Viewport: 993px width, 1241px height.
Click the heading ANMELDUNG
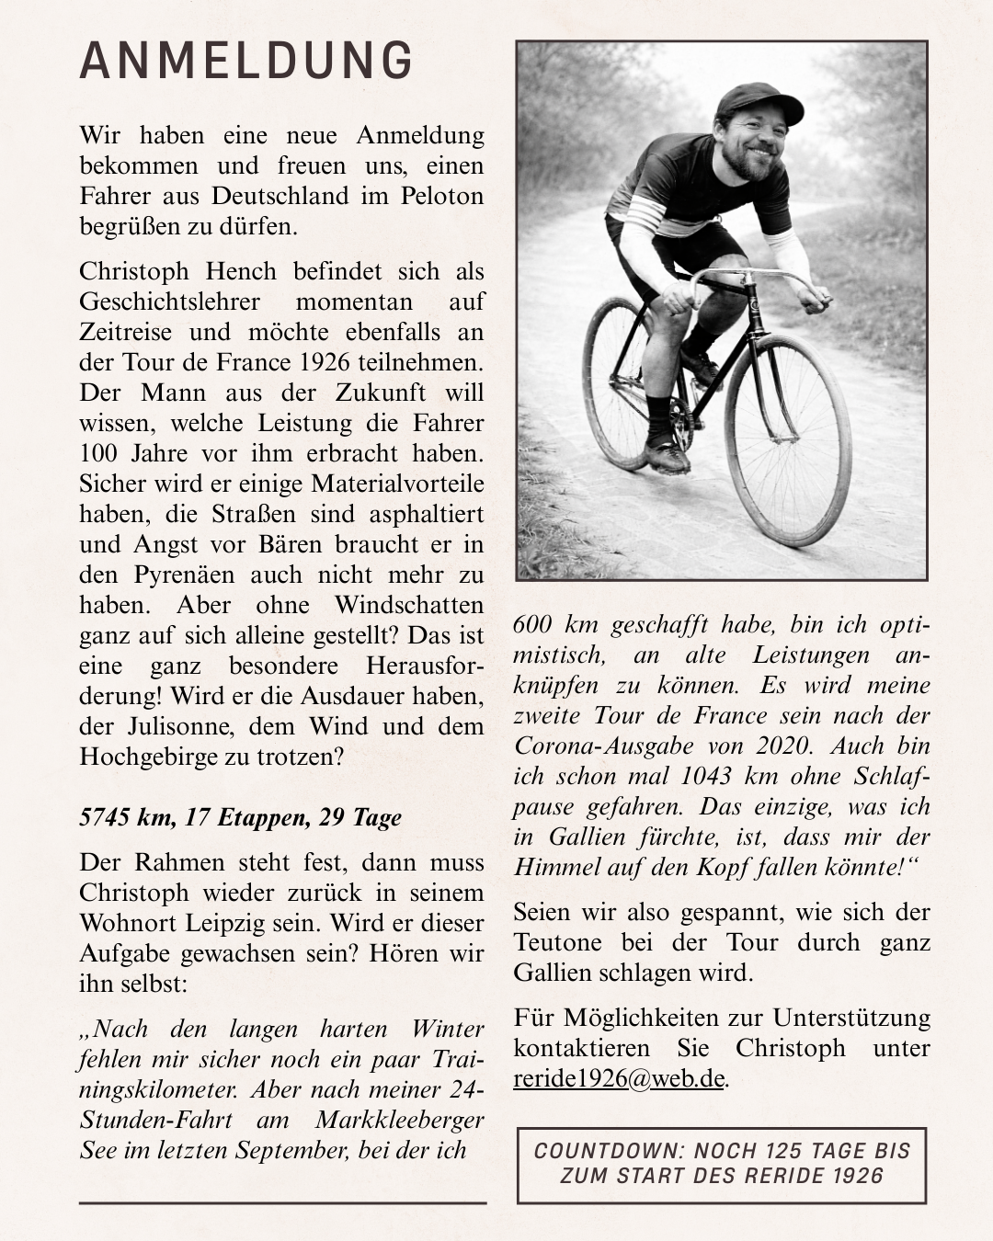point(246,61)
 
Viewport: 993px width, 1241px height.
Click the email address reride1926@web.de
point(620,1078)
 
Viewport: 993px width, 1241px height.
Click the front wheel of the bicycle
point(788,440)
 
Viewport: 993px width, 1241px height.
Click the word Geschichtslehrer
point(169,302)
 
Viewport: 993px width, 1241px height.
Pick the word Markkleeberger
point(399,1120)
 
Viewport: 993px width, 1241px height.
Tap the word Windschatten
point(408,605)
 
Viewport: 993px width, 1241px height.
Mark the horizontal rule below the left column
point(282,1202)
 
